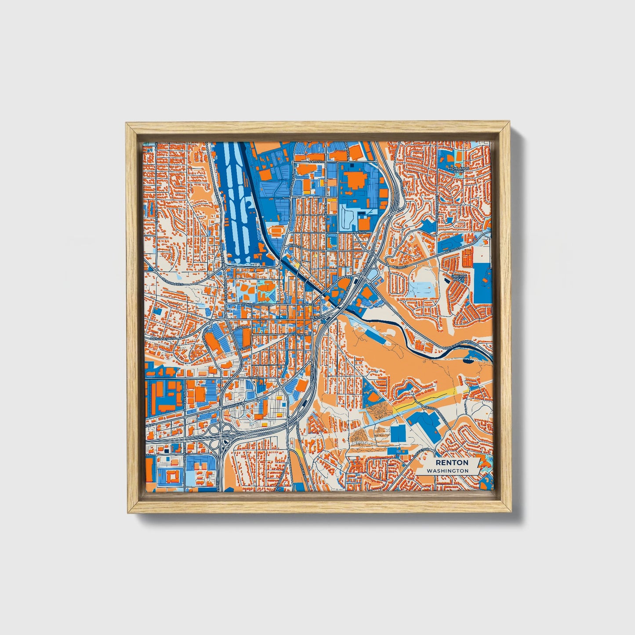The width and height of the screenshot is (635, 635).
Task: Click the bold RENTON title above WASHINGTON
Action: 452,463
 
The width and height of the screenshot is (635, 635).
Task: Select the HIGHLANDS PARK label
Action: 458,169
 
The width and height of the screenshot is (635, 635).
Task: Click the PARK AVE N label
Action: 327,207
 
